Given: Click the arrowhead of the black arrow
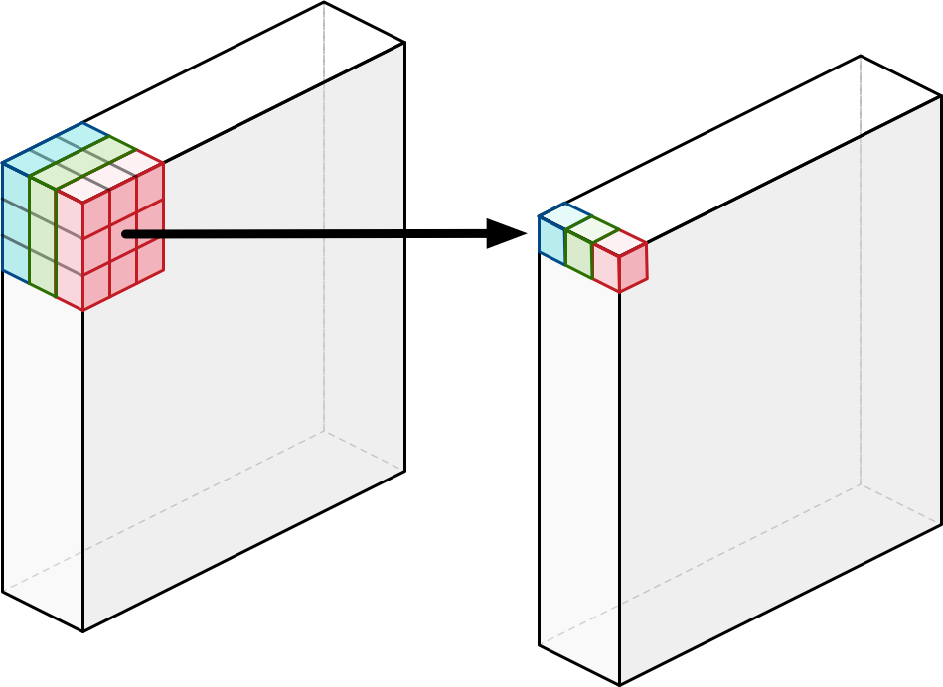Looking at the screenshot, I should coord(509,234).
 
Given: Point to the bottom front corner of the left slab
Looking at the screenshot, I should coord(83,630).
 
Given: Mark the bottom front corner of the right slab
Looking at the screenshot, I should coord(620,684).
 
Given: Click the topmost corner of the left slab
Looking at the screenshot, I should coord(324,3).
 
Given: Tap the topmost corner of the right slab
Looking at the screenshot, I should coord(861,57).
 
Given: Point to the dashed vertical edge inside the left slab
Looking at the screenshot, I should coord(324,248).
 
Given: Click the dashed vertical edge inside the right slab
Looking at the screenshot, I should coord(861,298).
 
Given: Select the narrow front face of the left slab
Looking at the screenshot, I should coord(43,447).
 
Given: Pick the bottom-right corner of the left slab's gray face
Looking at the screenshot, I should coord(404,471).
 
